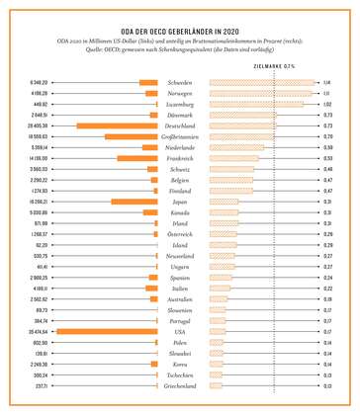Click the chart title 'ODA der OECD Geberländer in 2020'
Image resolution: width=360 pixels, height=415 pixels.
click(179, 32)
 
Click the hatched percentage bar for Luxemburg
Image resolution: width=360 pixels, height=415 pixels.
click(256, 104)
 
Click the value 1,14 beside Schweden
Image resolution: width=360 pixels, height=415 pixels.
click(326, 82)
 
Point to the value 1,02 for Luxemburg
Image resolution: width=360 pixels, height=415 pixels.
click(326, 104)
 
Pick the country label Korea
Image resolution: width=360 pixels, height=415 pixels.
click(180, 365)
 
